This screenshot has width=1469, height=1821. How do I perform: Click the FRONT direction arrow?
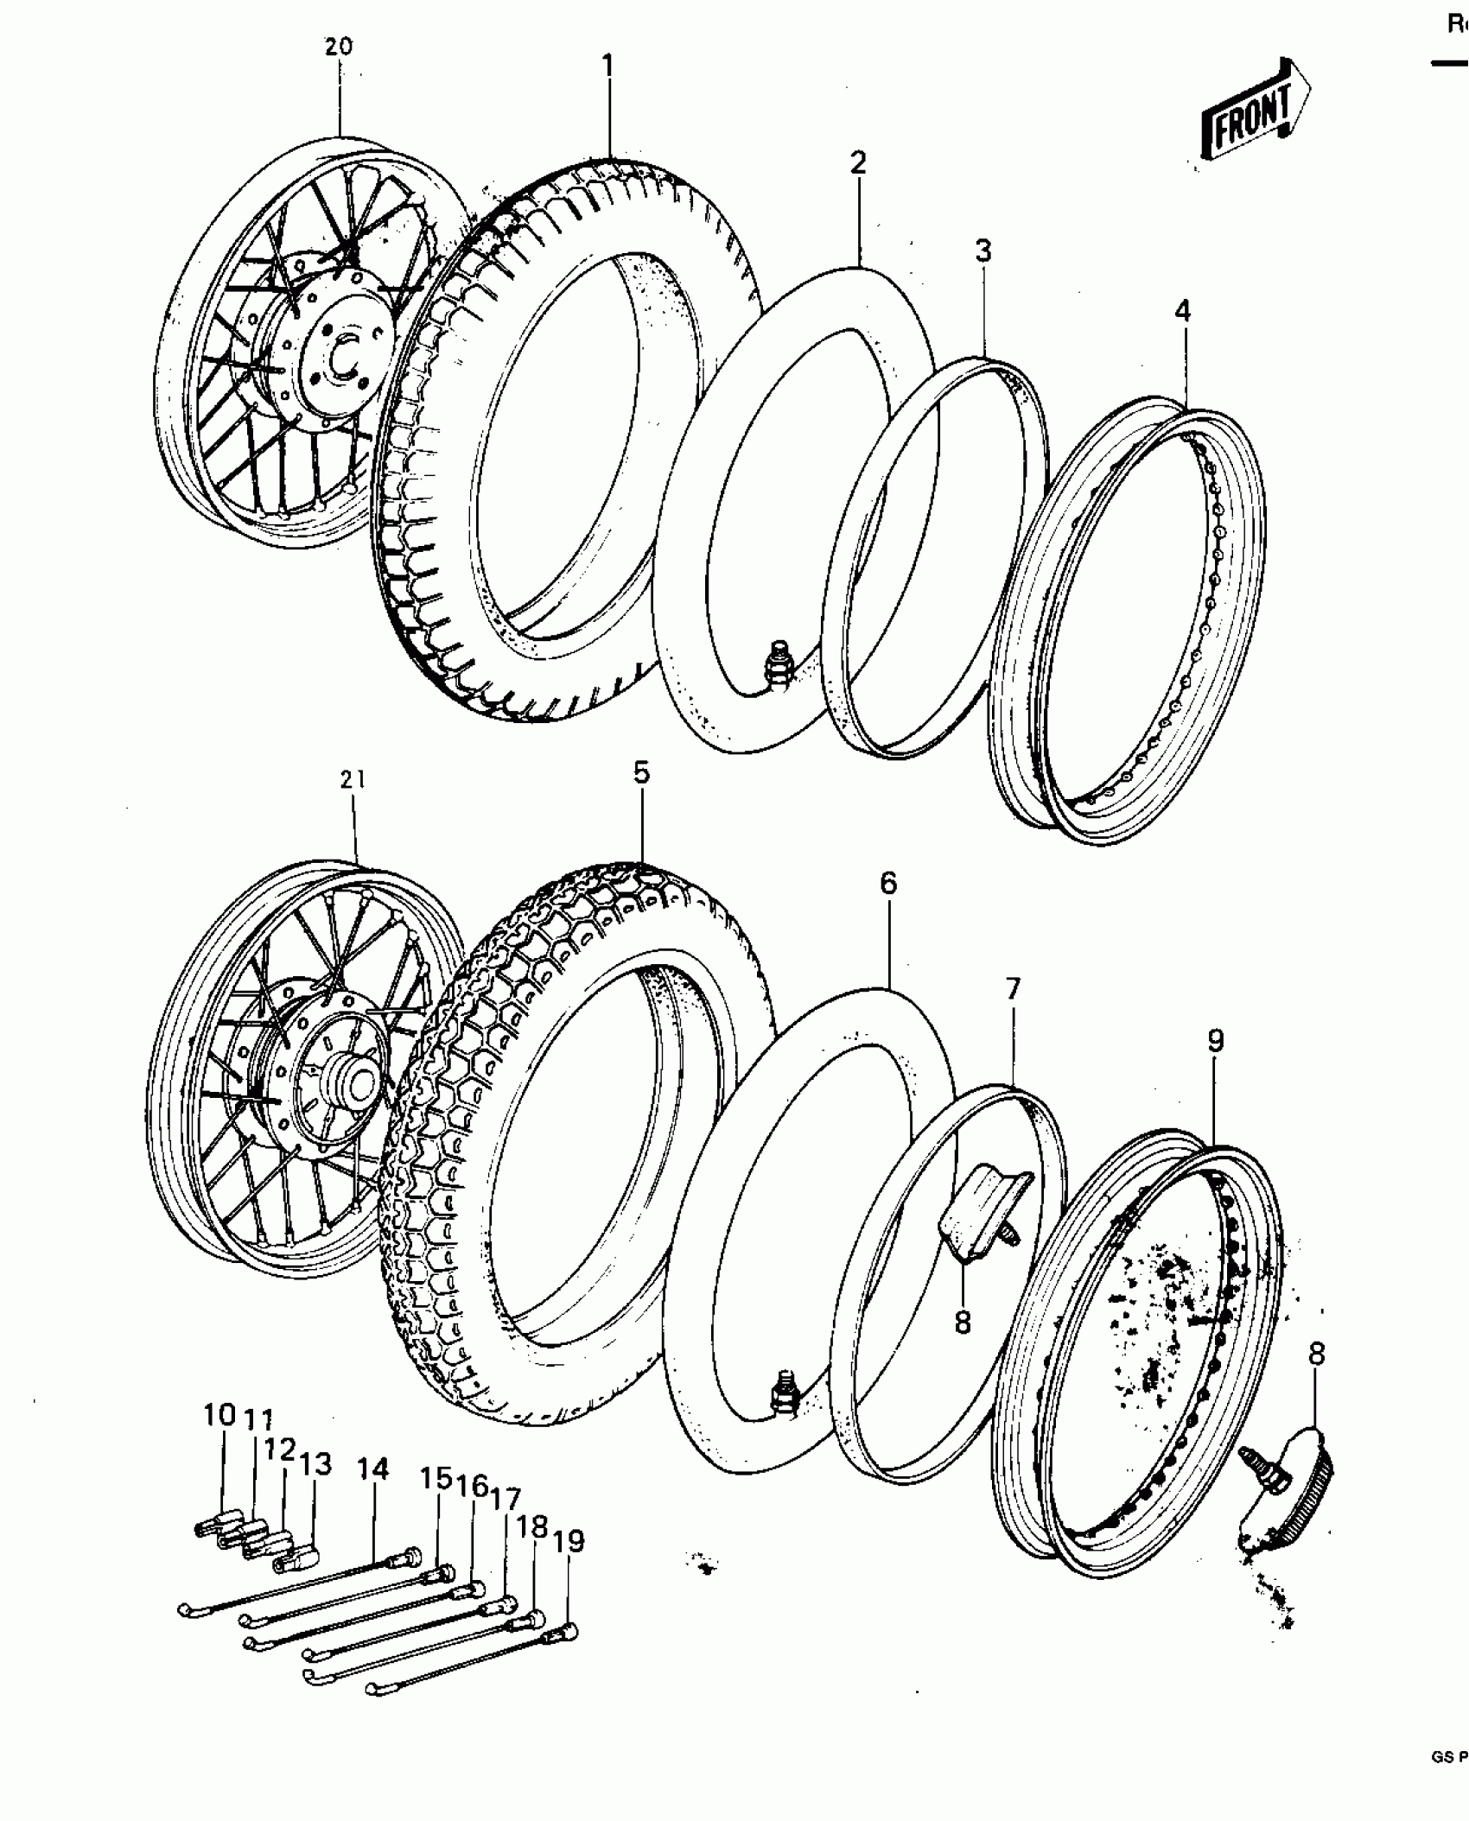pos(1254,112)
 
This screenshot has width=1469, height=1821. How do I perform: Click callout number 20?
pos(339,47)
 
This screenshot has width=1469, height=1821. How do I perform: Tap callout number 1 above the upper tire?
pos(607,66)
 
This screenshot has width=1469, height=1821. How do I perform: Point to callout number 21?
pos(353,780)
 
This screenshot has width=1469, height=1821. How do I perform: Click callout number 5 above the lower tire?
pos(640,773)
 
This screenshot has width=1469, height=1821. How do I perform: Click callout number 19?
pos(569,1541)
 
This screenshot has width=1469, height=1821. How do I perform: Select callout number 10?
pos(220,1416)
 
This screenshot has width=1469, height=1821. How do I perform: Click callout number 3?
pos(983,251)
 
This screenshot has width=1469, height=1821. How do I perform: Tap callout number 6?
pos(889,883)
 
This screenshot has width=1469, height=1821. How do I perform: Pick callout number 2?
pos(857,162)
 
